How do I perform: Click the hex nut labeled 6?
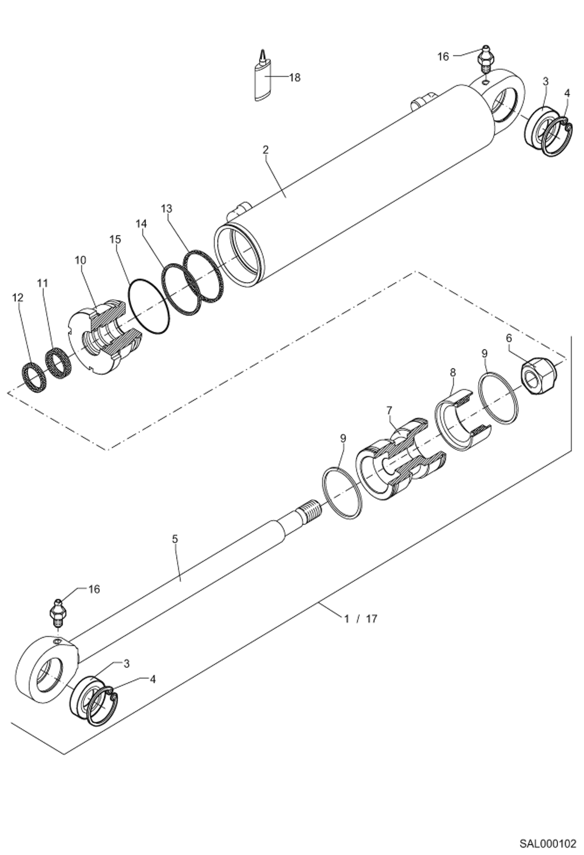tap(539, 376)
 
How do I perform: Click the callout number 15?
tap(115, 239)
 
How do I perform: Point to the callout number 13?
tap(166, 208)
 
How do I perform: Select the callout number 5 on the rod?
tap(174, 539)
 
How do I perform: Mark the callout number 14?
tap(142, 223)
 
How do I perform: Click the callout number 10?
tap(81, 260)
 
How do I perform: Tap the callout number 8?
tap(453, 372)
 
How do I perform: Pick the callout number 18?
tap(295, 78)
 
